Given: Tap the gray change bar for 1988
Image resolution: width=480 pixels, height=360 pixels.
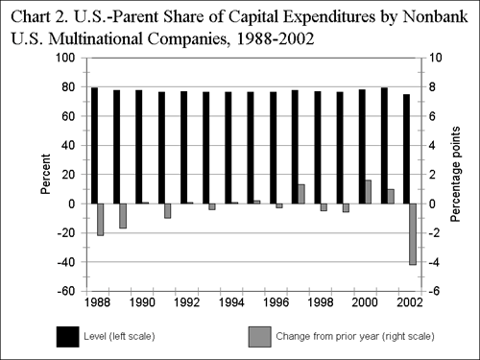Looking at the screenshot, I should [101, 219].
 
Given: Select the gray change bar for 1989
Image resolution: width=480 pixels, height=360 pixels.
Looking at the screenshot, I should [123, 215].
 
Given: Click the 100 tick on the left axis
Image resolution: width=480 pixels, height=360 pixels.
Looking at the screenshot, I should [65, 58].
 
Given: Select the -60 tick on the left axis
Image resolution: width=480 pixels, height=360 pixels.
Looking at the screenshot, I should [65, 291].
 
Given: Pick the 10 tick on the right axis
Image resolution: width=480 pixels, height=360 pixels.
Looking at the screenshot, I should [435, 58].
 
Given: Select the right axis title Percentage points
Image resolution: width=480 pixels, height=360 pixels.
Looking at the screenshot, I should [457, 175].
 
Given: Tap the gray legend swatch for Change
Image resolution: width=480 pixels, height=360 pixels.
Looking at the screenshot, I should [260, 336].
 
